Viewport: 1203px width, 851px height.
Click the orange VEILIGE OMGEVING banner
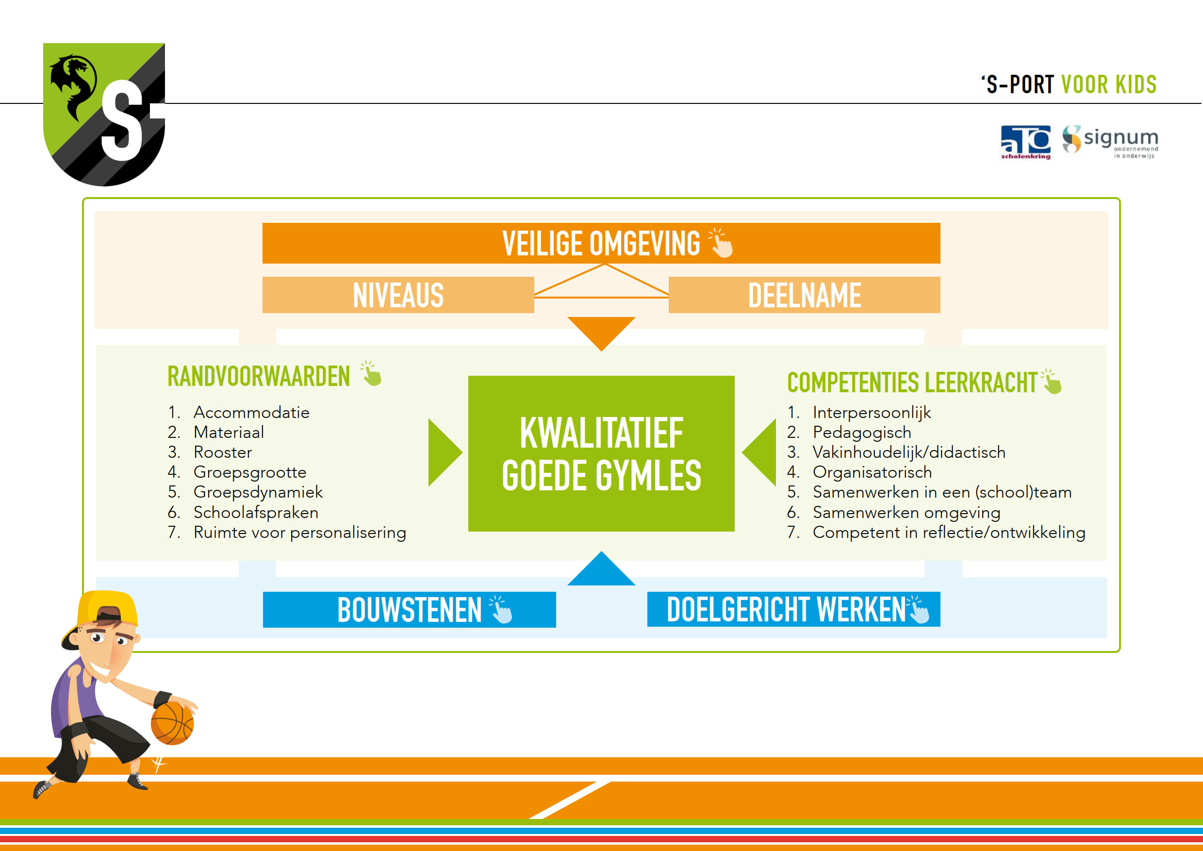point(601,243)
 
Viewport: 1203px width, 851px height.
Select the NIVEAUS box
point(398,295)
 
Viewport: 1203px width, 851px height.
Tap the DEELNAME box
point(804,295)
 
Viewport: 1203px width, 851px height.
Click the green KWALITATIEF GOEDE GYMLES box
point(601,454)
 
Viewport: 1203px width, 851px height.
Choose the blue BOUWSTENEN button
point(409,609)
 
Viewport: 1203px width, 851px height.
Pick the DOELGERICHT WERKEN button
point(794,609)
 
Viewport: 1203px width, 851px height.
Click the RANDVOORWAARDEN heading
point(259,376)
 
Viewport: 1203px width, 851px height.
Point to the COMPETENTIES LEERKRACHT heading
point(912,383)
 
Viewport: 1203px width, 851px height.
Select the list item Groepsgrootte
point(237,472)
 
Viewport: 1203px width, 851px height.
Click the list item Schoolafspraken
point(243,512)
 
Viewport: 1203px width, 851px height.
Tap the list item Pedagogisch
point(849,433)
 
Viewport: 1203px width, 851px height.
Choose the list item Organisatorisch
point(860,472)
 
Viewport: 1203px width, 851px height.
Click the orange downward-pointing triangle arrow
point(602,330)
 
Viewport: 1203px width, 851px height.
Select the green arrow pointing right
point(443,452)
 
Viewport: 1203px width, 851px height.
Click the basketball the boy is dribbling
point(172,724)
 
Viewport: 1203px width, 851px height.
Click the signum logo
point(1110,140)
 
